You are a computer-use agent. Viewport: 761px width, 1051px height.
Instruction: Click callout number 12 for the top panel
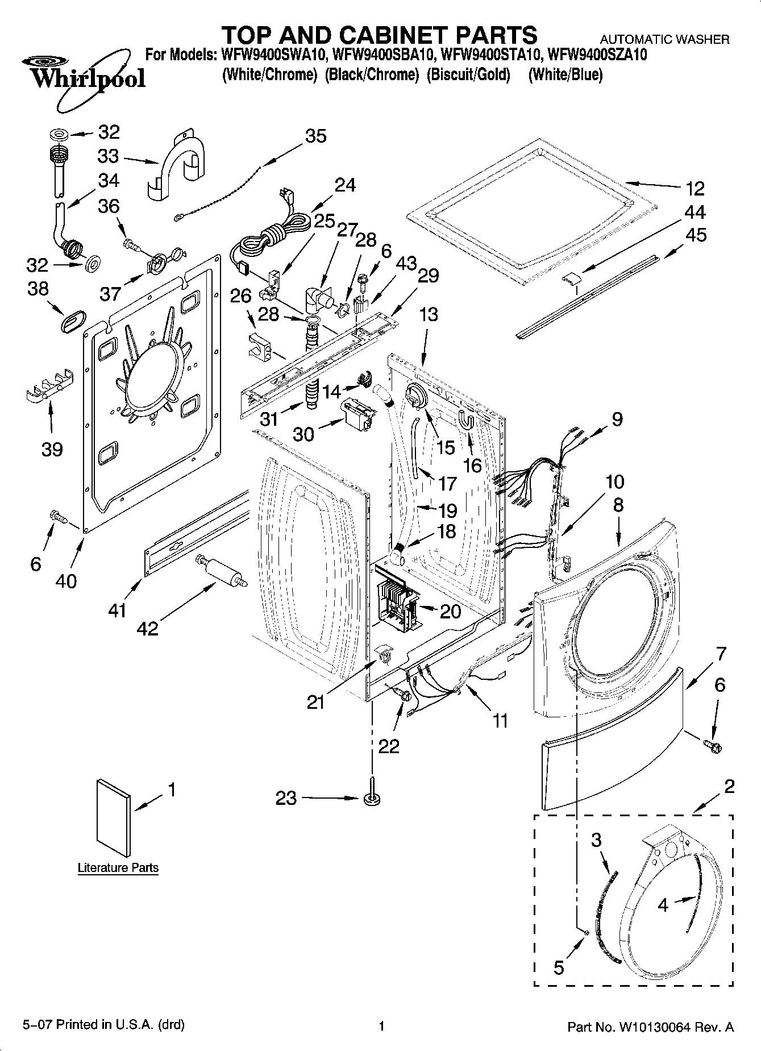pyautogui.click(x=695, y=188)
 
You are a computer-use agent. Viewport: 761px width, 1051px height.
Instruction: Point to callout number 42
pyautogui.click(x=148, y=628)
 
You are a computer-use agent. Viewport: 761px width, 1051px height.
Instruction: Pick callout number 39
pyautogui.click(x=52, y=450)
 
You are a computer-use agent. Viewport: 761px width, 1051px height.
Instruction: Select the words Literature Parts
pyautogui.click(x=118, y=868)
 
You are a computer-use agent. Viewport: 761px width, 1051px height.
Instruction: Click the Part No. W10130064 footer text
pyautogui.click(x=651, y=1027)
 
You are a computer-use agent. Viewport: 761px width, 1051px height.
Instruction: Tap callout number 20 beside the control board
pyautogui.click(x=450, y=611)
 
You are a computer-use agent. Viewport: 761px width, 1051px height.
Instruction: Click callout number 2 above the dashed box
pyautogui.click(x=729, y=787)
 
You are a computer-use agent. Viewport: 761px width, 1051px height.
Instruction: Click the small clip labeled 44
pyautogui.click(x=572, y=277)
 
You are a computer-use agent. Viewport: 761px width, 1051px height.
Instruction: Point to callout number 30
pyautogui.click(x=303, y=434)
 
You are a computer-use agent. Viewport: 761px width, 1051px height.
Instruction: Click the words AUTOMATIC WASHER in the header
pyautogui.click(x=665, y=39)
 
